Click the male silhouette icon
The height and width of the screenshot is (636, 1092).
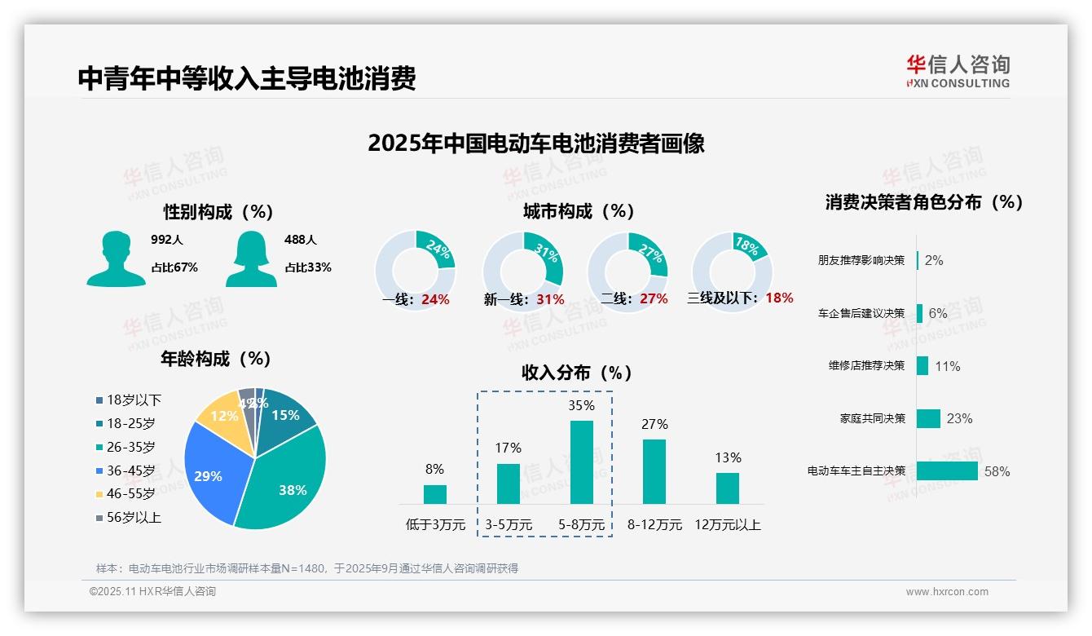[x=116, y=258]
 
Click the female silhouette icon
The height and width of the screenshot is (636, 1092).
[x=251, y=258]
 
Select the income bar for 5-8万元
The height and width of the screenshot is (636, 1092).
[x=581, y=462]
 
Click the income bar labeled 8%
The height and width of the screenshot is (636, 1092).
[x=434, y=494]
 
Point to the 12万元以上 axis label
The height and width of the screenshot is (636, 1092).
[x=727, y=524]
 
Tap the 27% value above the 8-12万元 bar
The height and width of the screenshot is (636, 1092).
[x=654, y=424]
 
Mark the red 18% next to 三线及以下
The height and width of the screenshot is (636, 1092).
[x=779, y=298]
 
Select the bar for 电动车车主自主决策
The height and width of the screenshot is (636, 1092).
[x=947, y=470]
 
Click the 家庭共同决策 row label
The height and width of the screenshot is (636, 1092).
[x=872, y=418]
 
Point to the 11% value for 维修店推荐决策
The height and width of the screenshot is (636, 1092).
[x=947, y=366]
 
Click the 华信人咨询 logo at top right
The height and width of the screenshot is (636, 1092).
[x=958, y=71]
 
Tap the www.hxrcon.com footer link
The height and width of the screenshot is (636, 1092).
[x=946, y=592]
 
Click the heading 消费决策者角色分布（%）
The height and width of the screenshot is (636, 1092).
[x=923, y=202]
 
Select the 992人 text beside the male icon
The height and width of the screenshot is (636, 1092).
[x=167, y=240]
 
